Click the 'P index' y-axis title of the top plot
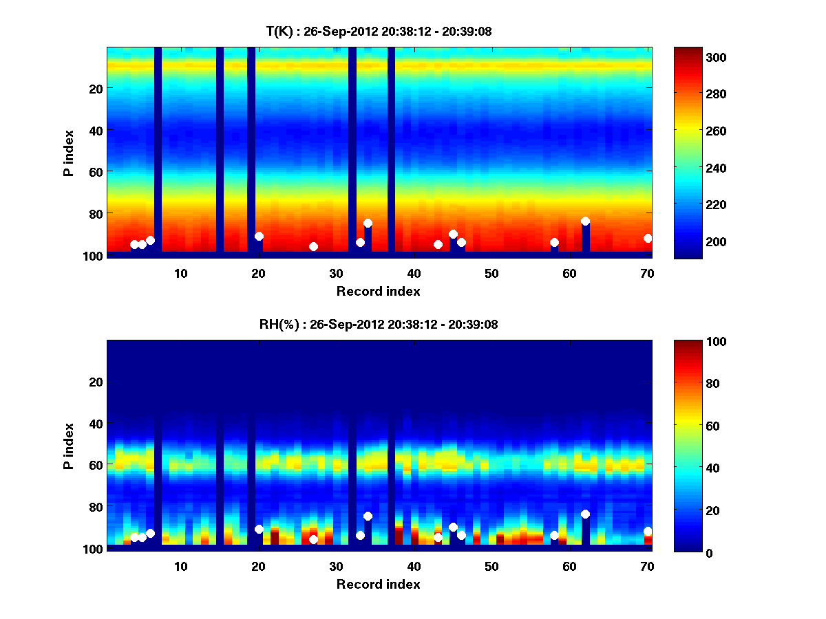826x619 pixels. (68, 153)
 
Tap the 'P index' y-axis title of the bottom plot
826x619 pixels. (68, 446)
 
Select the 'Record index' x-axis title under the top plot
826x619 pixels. (379, 291)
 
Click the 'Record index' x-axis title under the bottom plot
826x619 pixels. (379, 584)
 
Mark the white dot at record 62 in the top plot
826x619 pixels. (585, 221)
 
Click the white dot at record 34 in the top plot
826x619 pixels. (368, 223)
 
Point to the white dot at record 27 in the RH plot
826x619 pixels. (313, 539)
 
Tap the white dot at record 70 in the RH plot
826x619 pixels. (648, 531)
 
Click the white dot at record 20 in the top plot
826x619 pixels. (259, 236)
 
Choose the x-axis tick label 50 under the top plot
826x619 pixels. (491, 273)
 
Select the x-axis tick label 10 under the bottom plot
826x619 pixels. (181, 566)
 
